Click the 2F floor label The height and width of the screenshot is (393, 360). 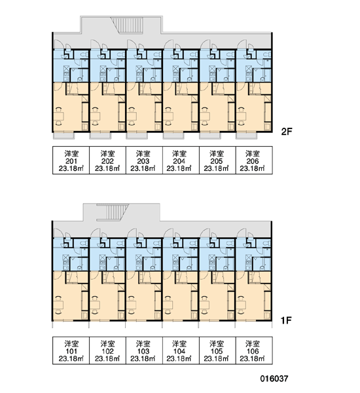[287, 132]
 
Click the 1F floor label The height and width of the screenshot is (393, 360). [286, 320]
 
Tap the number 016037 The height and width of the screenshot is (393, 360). [274, 379]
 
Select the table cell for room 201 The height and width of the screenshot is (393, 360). [71, 160]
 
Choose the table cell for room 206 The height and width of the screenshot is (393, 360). [254, 160]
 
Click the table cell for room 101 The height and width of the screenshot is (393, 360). [71, 350]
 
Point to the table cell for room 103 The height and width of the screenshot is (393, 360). [144, 350]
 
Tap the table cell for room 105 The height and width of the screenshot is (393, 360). [217, 350]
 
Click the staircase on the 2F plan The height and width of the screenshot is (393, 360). [127, 25]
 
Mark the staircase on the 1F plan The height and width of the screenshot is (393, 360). [113, 212]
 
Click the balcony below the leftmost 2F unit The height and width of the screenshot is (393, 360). [64, 136]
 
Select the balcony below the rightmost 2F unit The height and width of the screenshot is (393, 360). [247, 136]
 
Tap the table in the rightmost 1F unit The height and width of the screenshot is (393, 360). [241, 305]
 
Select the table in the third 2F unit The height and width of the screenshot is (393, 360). [132, 116]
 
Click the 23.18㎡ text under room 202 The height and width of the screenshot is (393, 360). [107, 168]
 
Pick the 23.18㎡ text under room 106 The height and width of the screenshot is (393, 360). [252, 359]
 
